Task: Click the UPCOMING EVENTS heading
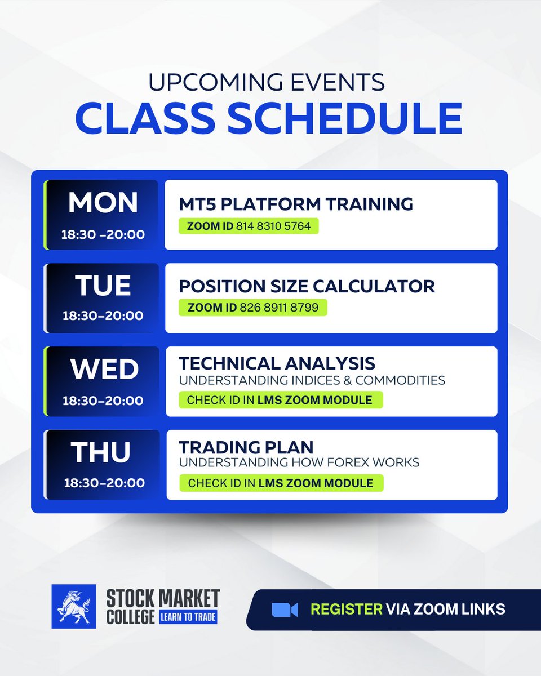[266, 83]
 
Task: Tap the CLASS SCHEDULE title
[268, 118]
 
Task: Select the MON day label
[103, 203]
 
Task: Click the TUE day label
[103, 286]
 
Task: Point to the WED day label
[104, 370]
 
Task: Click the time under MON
[103, 234]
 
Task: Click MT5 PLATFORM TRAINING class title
[296, 204]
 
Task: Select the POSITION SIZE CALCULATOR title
[307, 286]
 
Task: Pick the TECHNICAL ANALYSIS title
[277, 363]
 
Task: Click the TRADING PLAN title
[246, 447]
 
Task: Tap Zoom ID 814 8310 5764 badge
[249, 226]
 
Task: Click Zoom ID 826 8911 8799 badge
[252, 308]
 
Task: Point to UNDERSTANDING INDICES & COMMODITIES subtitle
[312, 380]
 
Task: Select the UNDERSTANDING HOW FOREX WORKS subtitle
[299, 463]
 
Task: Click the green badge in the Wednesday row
[280, 401]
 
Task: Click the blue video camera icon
[285, 610]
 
